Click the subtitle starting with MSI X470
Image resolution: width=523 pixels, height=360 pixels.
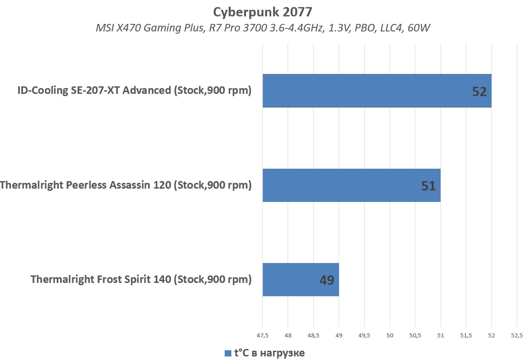[263, 28]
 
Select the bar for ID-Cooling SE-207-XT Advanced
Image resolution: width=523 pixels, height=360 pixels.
[377, 91]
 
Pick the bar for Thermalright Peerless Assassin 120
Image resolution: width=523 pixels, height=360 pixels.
[351, 185]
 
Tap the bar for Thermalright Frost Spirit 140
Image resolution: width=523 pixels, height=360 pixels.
[301, 279]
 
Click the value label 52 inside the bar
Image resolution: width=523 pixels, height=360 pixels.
[479, 92]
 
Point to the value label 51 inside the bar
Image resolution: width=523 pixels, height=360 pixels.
[428, 186]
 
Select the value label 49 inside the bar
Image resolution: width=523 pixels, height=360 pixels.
[326, 280]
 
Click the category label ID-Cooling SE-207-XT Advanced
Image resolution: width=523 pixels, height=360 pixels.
[134, 91]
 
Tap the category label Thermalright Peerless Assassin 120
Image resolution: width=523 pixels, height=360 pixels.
[126, 185]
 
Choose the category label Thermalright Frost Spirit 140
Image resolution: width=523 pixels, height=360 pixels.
[141, 279]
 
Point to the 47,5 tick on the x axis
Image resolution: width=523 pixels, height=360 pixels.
[262, 336]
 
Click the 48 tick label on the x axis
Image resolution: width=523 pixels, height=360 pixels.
[288, 336]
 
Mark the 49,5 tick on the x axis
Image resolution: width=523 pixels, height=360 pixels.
[364, 336]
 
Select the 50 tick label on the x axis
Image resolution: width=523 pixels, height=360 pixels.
[390, 336]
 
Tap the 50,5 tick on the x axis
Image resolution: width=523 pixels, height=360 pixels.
[415, 336]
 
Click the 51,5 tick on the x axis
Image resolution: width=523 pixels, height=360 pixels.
[466, 336]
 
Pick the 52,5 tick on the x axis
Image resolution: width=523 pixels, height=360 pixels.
[517, 336]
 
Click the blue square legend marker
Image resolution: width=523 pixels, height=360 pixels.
[228, 353]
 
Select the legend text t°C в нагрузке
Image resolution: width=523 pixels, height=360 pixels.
[269, 353]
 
